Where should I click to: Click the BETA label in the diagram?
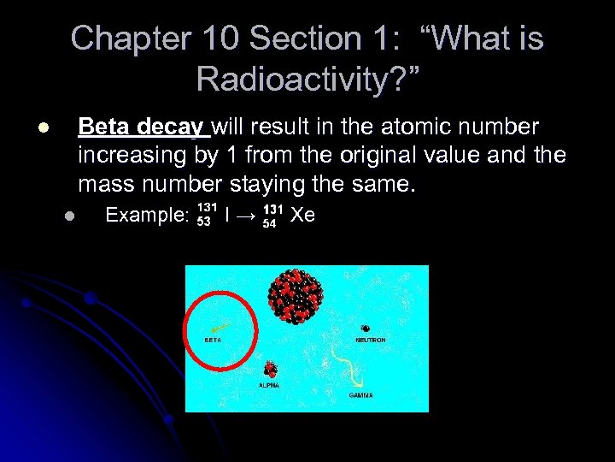213,340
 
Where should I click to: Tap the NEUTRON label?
370,340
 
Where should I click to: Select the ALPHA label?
269,386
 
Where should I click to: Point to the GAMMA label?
360,396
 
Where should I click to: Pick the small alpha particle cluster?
271,370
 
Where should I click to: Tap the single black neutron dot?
366,328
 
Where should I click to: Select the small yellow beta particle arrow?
219,327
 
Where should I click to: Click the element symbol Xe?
302,215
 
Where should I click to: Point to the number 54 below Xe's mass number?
269,222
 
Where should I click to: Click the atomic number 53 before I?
204,222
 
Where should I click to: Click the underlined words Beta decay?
142,127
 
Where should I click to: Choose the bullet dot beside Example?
69,216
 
